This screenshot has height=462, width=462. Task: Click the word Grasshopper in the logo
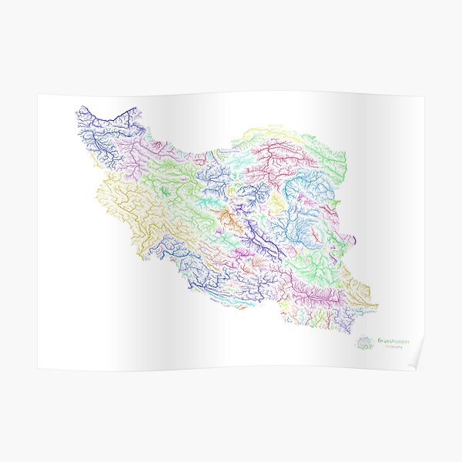[x=394, y=338]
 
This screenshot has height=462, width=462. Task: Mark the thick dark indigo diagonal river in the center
[x=262, y=239]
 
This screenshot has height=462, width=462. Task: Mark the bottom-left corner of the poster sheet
[x=38, y=368]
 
